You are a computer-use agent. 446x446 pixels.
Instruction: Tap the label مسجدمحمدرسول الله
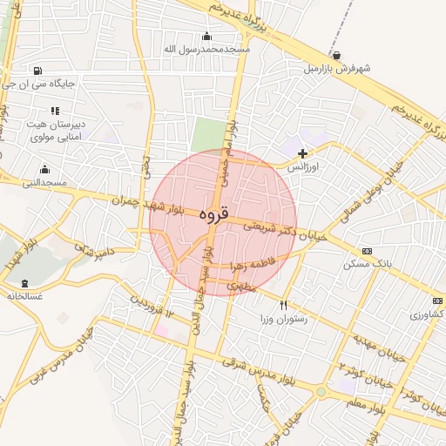[x=206, y=49]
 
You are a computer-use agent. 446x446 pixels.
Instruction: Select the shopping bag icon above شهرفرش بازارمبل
[x=336, y=55]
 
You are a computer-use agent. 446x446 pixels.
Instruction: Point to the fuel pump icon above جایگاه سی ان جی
[x=37, y=71]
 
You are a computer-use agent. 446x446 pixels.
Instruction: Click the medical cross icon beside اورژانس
[x=302, y=153]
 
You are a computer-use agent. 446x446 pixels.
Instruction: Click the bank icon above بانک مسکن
[x=367, y=251]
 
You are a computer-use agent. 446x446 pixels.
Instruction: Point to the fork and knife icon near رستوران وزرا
[x=283, y=306]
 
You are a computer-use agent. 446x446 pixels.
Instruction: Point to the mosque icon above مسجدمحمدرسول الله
[x=206, y=37]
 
